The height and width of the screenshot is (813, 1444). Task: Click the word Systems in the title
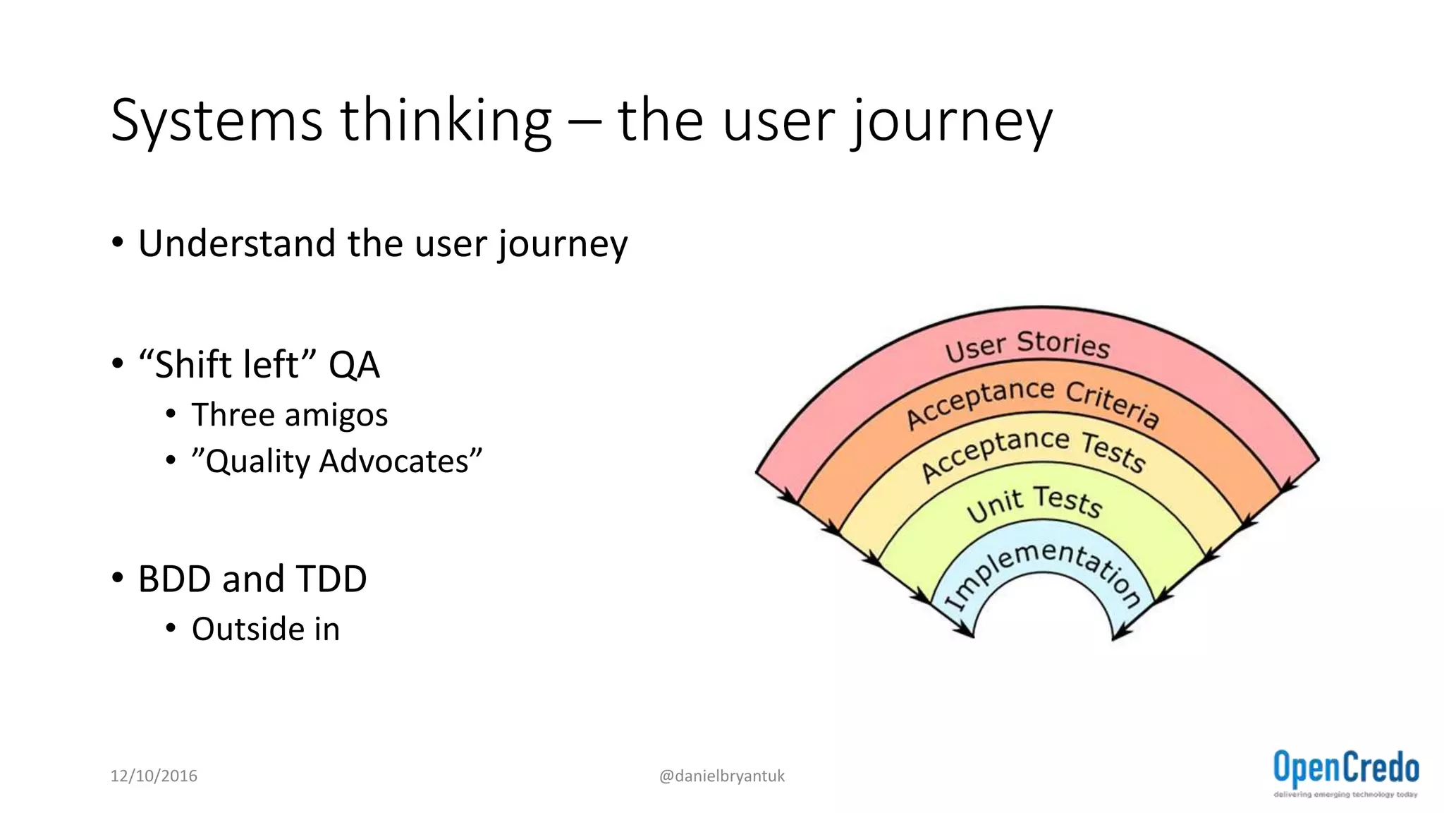[216, 121]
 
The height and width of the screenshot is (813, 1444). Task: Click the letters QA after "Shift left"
[354, 365]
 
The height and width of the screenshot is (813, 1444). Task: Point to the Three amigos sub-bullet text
[289, 414]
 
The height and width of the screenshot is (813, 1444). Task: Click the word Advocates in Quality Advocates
[400, 461]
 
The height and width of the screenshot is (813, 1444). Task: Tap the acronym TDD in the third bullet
[331, 579]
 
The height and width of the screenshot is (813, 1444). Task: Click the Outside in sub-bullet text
[266, 629]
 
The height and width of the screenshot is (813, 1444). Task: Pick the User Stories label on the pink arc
[1027, 345]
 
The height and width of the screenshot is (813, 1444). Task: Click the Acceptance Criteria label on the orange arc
[1032, 402]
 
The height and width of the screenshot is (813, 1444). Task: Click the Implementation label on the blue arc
[1042, 568]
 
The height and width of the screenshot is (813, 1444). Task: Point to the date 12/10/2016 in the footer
[154, 776]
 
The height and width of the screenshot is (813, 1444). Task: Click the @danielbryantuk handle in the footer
[721, 776]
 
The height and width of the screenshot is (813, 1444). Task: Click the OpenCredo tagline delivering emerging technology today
[1345, 795]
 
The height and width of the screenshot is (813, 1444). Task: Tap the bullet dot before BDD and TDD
[118, 578]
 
